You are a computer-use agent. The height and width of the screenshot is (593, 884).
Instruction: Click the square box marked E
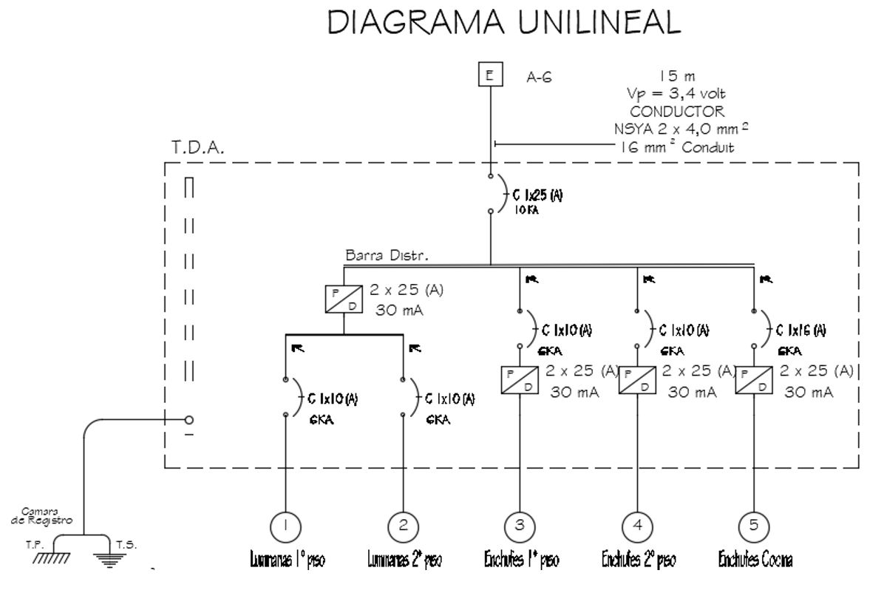[x=489, y=75]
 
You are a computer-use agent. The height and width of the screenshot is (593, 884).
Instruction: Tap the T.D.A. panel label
[x=197, y=148]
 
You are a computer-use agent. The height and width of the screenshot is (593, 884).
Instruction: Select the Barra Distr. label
[x=387, y=254]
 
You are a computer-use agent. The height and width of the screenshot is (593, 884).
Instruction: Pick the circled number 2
[x=403, y=525]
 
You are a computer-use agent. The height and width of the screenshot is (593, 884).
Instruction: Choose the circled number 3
[x=520, y=525]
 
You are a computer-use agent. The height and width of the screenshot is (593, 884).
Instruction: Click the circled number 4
[x=637, y=525]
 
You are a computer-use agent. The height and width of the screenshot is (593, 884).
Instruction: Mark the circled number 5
[x=753, y=525]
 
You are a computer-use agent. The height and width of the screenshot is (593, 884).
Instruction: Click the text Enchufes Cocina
[x=755, y=561]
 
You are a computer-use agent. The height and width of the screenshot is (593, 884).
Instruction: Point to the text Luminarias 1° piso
[x=285, y=561]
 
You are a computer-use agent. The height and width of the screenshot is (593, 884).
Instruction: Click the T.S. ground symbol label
[x=126, y=543]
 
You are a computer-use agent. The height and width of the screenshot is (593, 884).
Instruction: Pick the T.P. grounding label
[x=34, y=543]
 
